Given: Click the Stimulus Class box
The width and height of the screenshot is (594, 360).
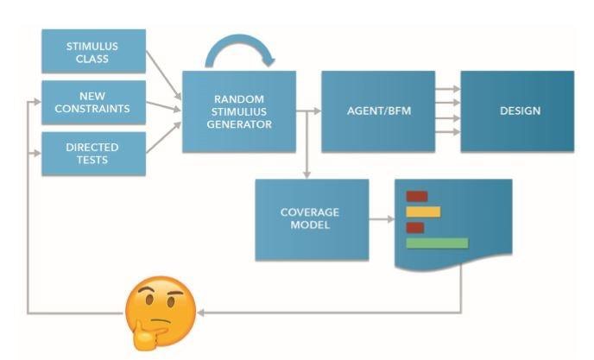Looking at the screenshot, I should click(93, 51).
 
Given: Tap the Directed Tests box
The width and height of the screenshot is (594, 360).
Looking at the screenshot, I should click(93, 154).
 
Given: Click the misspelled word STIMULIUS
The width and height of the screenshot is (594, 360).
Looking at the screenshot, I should click(239, 111).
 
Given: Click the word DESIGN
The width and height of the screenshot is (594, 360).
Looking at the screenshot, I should click(520, 111).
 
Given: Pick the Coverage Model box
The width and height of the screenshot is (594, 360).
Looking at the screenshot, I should click(311, 219).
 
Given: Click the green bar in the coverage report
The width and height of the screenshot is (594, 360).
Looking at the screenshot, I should click(436, 243).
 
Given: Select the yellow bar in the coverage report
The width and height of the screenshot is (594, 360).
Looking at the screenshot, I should click(423, 212).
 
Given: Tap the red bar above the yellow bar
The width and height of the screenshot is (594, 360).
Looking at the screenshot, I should click(417, 196).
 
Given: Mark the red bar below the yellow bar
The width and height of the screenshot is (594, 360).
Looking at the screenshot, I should click(415, 228).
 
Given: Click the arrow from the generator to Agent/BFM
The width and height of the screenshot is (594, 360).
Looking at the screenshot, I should click(309, 111).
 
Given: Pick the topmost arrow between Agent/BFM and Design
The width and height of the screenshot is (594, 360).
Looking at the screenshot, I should click(447, 88).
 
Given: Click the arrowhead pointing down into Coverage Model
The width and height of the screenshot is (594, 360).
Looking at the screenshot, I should click(306, 174).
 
